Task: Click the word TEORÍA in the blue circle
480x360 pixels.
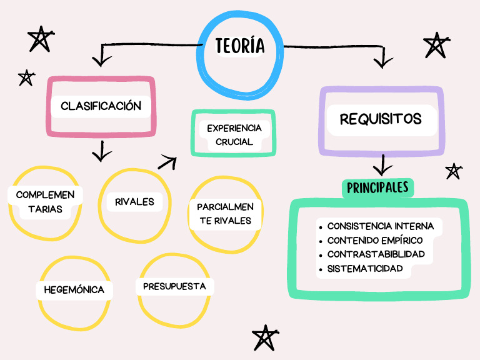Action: tap(240, 46)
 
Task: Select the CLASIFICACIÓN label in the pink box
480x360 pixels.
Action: tap(101, 106)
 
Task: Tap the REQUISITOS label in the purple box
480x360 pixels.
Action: tap(381, 119)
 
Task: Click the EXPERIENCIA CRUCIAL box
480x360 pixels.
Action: tap(234, 134)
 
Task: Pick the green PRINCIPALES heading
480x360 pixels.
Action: tap(377, 187)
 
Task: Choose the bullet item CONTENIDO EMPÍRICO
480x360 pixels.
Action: tap(374, 241)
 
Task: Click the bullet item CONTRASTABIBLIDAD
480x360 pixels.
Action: tap(376, 254)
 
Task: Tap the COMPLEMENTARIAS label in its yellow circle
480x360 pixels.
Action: tap(45, 202)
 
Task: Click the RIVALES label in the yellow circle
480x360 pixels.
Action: tap(134, 202)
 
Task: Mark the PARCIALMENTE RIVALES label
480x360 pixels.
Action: tap(225, 213)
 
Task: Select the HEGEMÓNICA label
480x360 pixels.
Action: tap(74, 290)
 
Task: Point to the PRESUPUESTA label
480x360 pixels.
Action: tap(174, 286)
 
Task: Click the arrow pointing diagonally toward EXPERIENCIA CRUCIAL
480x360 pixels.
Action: tap(167, 162)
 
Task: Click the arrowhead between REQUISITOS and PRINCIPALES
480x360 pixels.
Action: tap(382, 167)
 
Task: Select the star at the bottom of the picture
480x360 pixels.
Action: tap(266, 338)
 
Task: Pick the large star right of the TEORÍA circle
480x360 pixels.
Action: tap(436, 46)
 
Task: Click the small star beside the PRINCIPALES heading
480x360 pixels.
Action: tap(453, 171)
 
